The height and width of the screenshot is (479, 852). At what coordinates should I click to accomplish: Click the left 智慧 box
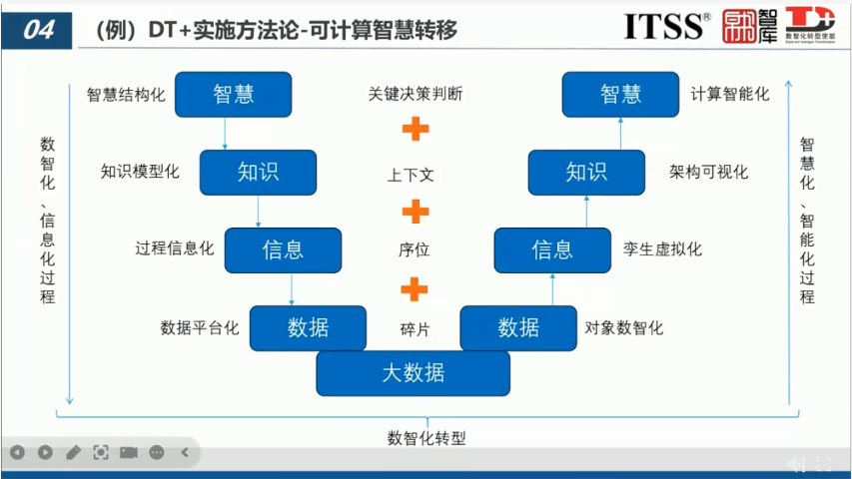[233, 95]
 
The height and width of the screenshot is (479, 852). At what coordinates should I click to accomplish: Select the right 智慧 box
[620, 95]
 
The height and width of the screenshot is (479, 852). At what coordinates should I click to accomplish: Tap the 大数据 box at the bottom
[413, 374]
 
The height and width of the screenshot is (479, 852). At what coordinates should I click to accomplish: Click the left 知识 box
[258, 172]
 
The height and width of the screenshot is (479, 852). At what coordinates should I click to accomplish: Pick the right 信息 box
[551, 249]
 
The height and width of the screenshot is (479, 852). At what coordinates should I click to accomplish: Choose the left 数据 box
[308, 327]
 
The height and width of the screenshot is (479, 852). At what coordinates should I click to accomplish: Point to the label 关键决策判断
[415, 95]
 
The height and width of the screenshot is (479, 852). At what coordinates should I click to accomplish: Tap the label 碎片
[415, 328]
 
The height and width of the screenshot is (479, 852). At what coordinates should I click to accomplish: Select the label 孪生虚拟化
[662, 249]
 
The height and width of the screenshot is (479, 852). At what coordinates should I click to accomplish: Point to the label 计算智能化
[730, 95]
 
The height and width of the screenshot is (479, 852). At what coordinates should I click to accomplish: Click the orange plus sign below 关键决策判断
[415, 130]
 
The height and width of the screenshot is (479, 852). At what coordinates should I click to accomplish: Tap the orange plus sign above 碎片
[414, 289]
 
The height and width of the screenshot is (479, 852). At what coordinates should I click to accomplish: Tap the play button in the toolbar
[45, 453]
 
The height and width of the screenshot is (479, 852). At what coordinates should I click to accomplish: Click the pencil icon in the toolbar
[73, 453]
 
